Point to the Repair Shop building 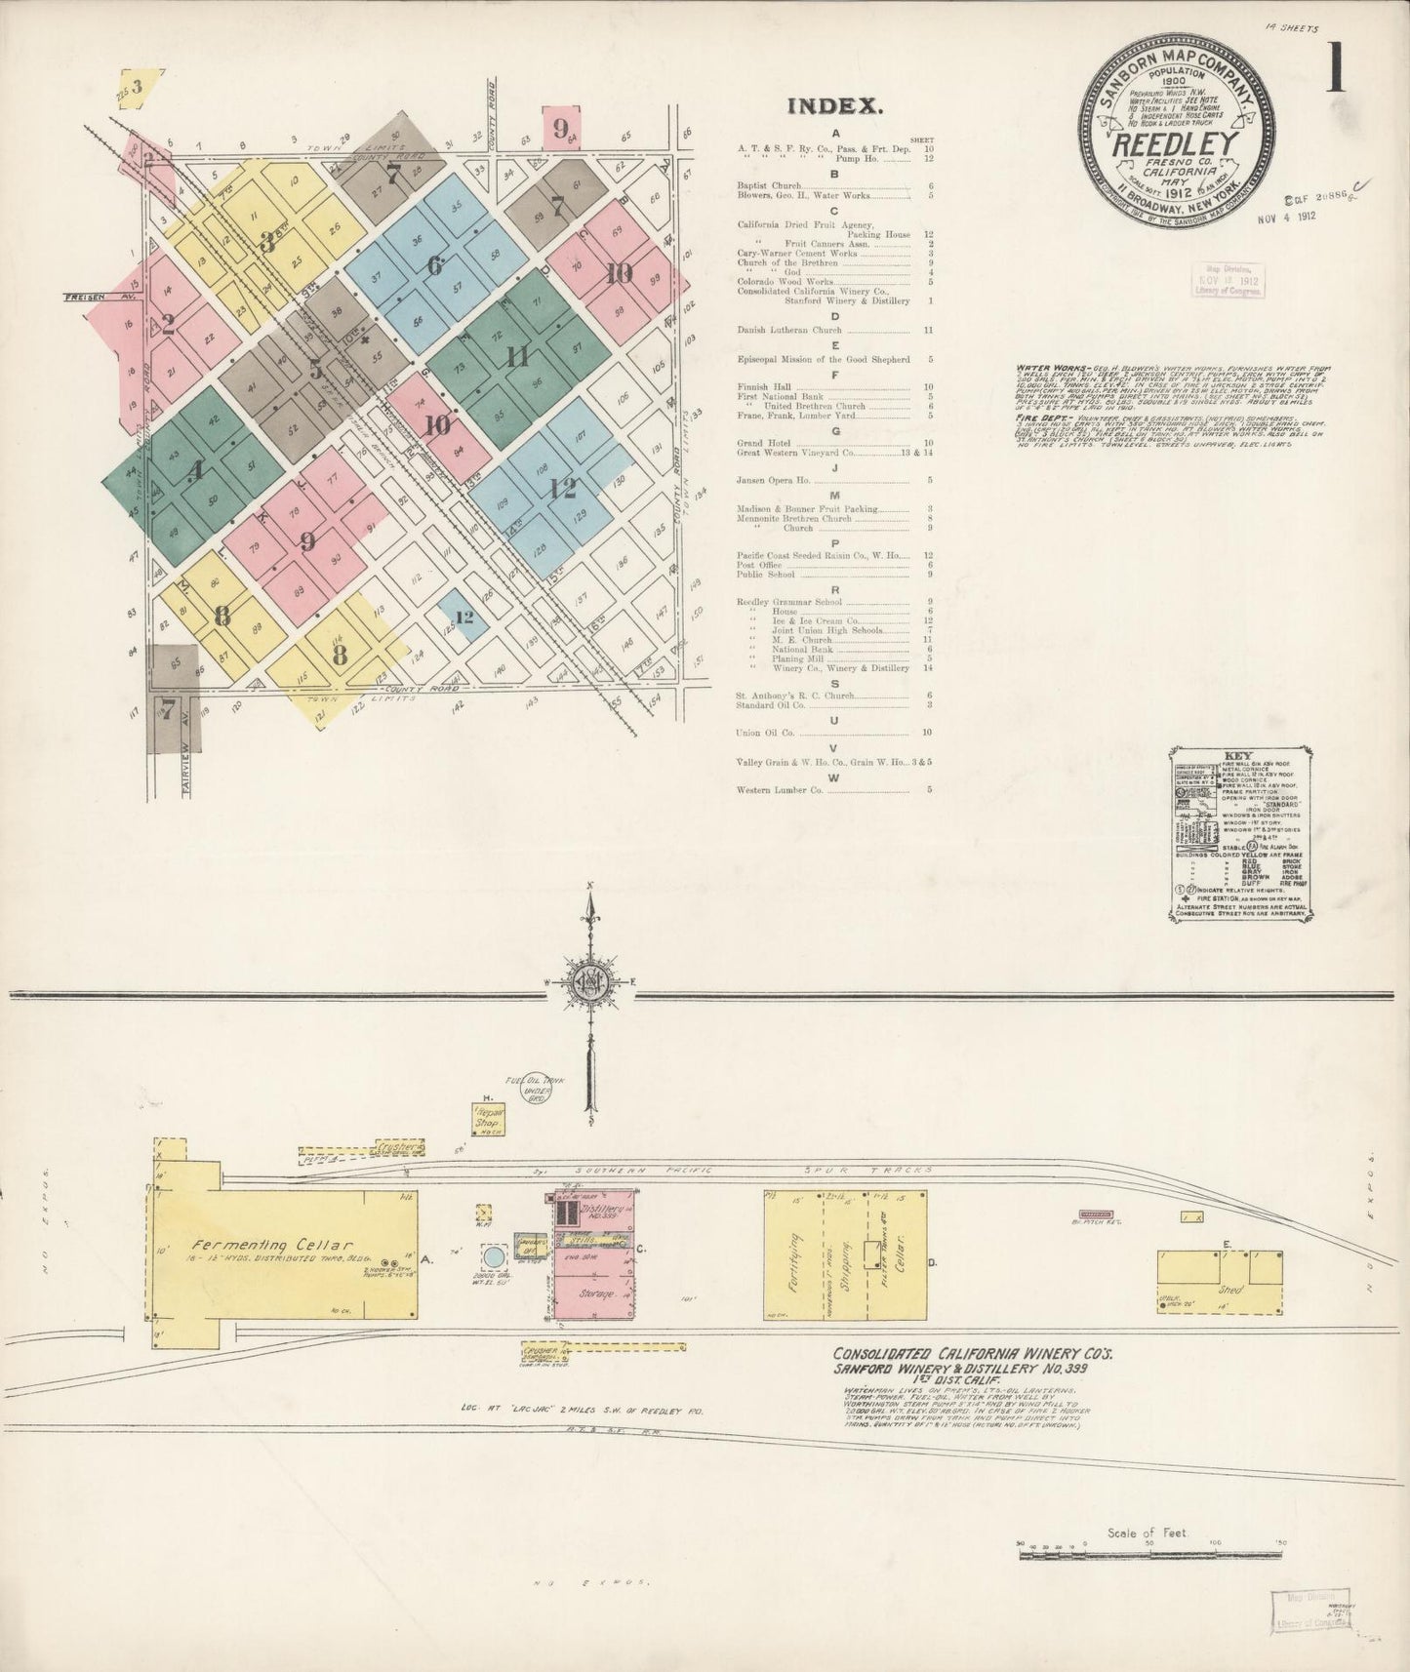487,1119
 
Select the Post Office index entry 760,565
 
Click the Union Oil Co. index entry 766,732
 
